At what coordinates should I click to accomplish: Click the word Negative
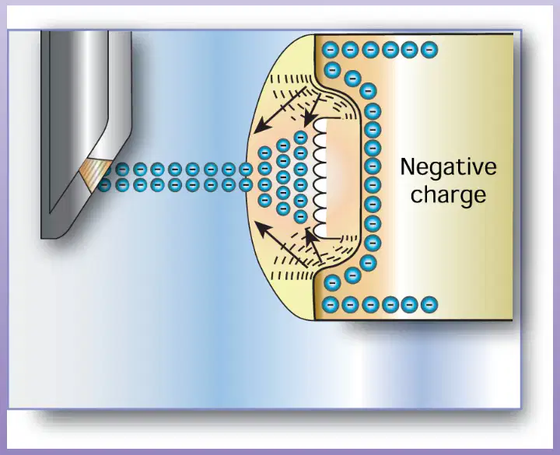448,166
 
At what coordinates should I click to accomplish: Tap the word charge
448,195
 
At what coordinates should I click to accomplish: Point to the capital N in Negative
408,166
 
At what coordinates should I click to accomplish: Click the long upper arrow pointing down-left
280,109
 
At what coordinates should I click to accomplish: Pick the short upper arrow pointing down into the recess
312,110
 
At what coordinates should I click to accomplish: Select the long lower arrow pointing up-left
281,244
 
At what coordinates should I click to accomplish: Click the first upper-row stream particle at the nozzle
105,170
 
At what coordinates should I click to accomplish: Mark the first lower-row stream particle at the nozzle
104,185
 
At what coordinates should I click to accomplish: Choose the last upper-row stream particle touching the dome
246,170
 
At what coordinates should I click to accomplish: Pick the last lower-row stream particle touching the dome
246,185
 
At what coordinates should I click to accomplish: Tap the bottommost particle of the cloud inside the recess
301,216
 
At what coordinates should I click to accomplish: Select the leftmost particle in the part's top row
331,50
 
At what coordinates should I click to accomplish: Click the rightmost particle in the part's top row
429,50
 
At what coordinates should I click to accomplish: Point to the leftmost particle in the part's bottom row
331,305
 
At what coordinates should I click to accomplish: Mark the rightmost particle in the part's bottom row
429,305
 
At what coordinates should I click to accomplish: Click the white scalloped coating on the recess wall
320,178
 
